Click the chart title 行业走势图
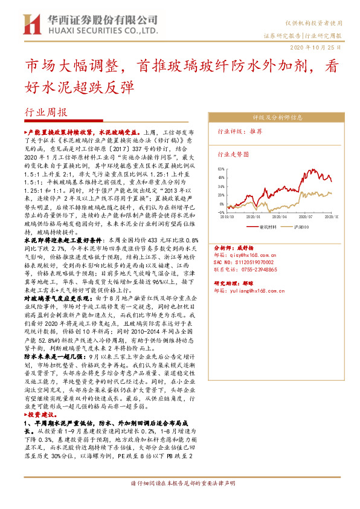point(233,154)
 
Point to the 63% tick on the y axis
point(221,170)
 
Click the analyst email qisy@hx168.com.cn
point(257,255)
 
